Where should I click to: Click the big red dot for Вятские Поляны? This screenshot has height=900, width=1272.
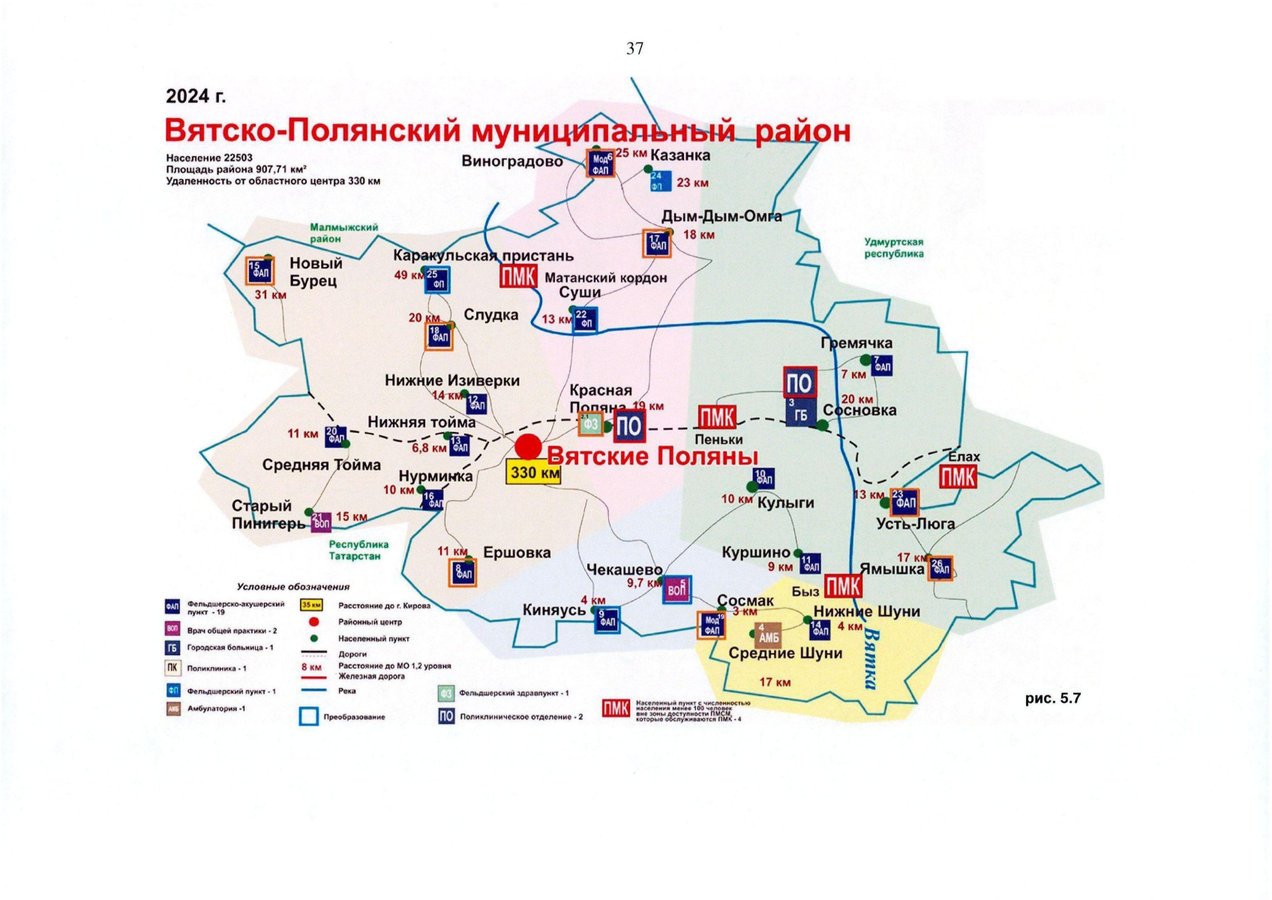pyautogui.click(x=528, y=446)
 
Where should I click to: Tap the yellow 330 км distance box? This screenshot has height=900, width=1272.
pyautogui.click(x=533, y=473)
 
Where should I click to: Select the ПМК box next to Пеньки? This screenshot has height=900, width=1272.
pyautogui.click(x=717, y=418)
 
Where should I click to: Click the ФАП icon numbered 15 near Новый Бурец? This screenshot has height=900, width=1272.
pyautogui.click(x=260, y=271)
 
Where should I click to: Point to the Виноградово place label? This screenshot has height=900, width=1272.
pyautogui.click(x=512, y=161)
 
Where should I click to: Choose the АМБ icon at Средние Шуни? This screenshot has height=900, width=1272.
pyautogui.click(x=769, y=636)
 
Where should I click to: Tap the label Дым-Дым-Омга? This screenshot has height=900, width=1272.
pyautogui.click(x=721, y=217)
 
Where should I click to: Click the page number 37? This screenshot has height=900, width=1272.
pyautogui.click(x=634, y=49)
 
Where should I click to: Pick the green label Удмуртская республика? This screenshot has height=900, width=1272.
pyautogui.click(x=894, y=248)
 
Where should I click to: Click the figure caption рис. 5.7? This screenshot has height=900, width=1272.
pyautogui.click(x=1053, y=698)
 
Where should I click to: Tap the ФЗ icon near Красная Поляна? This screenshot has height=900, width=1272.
pyautogui.click(x=591, y=424)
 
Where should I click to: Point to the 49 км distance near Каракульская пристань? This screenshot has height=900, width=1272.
pyautogui.click(x=406, y=275)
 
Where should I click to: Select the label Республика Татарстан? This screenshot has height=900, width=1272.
pyautogui.click(x=358, y=550)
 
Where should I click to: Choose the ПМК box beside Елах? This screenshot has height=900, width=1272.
pyautogui.click(x=958, y=478)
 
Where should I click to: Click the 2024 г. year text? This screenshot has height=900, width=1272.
pyautogui.click(x=196, y=97)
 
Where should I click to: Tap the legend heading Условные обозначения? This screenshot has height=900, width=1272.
pyautogui.click(x=293, y=586)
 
